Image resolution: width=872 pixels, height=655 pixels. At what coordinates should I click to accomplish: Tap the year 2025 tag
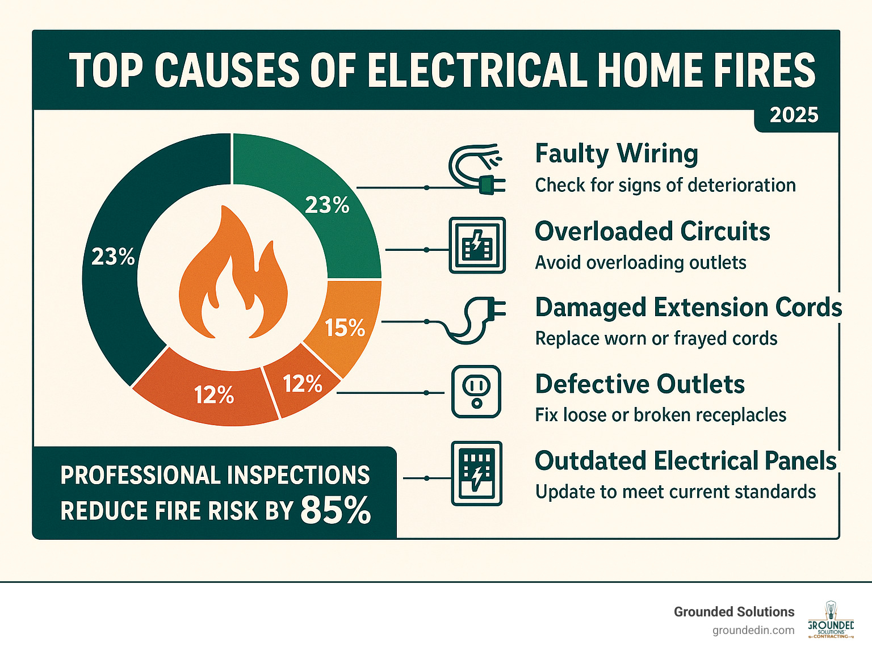click(794, 115)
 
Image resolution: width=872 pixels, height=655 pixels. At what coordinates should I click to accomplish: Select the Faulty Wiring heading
click(617, 154)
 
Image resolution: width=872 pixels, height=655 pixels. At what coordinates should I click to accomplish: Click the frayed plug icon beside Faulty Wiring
click(476, 169)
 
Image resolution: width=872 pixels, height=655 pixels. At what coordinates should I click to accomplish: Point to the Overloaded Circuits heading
click(652, 231)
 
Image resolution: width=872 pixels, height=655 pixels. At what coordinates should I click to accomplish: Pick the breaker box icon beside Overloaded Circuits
click(477, 245)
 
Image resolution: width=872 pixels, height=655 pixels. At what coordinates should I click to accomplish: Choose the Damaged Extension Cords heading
click(688, 307)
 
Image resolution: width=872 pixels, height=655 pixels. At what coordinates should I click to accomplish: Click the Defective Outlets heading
click(640, 384)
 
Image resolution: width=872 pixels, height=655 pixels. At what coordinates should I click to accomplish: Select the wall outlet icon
click(476, 392)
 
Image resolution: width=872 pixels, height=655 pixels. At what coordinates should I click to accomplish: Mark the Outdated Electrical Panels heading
click(685, 461)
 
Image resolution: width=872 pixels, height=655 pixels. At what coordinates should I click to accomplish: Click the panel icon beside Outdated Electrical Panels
click(476, 473)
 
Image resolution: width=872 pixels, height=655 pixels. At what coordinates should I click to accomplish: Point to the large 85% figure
click(336, 510)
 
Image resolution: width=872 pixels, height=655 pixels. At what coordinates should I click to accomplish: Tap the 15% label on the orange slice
click(345, 328)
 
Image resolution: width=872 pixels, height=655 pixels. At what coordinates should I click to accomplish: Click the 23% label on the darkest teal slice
click(113, 257)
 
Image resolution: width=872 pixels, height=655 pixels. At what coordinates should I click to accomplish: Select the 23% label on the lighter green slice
click(327, 205)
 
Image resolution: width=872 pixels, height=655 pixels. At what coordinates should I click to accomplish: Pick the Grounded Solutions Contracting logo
click(831, 620)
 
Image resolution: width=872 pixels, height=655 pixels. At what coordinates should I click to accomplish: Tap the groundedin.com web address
click(753, 631)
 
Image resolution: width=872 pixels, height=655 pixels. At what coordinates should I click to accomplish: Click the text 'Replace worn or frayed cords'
click(656, 339)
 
